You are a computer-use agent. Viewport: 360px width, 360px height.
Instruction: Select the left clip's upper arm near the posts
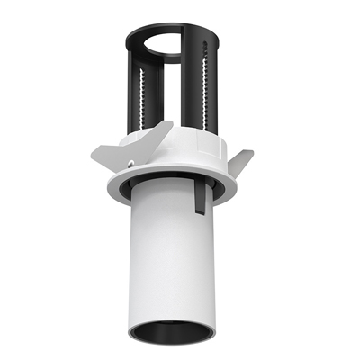pos(155,135)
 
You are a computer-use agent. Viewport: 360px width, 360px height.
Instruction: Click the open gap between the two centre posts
pos(180,99)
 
